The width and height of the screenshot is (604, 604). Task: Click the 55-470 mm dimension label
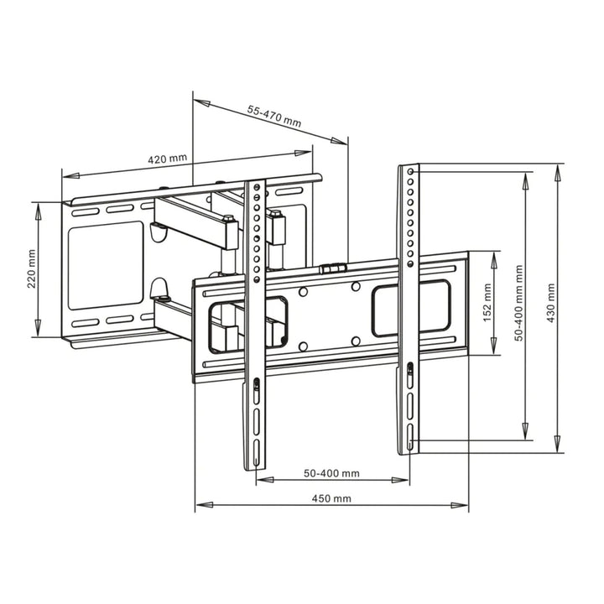click(x=274, y=117)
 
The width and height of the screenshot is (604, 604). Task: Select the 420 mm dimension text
click(x=167, y=159)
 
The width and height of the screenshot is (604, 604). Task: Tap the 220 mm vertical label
click(x=31, y=268)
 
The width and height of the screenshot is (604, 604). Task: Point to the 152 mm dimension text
click(x=487, y=299)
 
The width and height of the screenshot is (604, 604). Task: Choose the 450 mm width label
click(x=331, y=497)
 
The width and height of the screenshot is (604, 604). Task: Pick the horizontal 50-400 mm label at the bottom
click(x=331, y=473)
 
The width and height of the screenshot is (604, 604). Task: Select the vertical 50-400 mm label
click(x=519, y=303)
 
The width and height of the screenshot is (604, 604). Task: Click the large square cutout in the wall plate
click(x=106, y=263)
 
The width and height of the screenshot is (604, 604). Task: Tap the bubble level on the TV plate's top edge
click(x=332, y=269)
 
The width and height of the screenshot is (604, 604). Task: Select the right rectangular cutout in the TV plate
click(x=411, y=309)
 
